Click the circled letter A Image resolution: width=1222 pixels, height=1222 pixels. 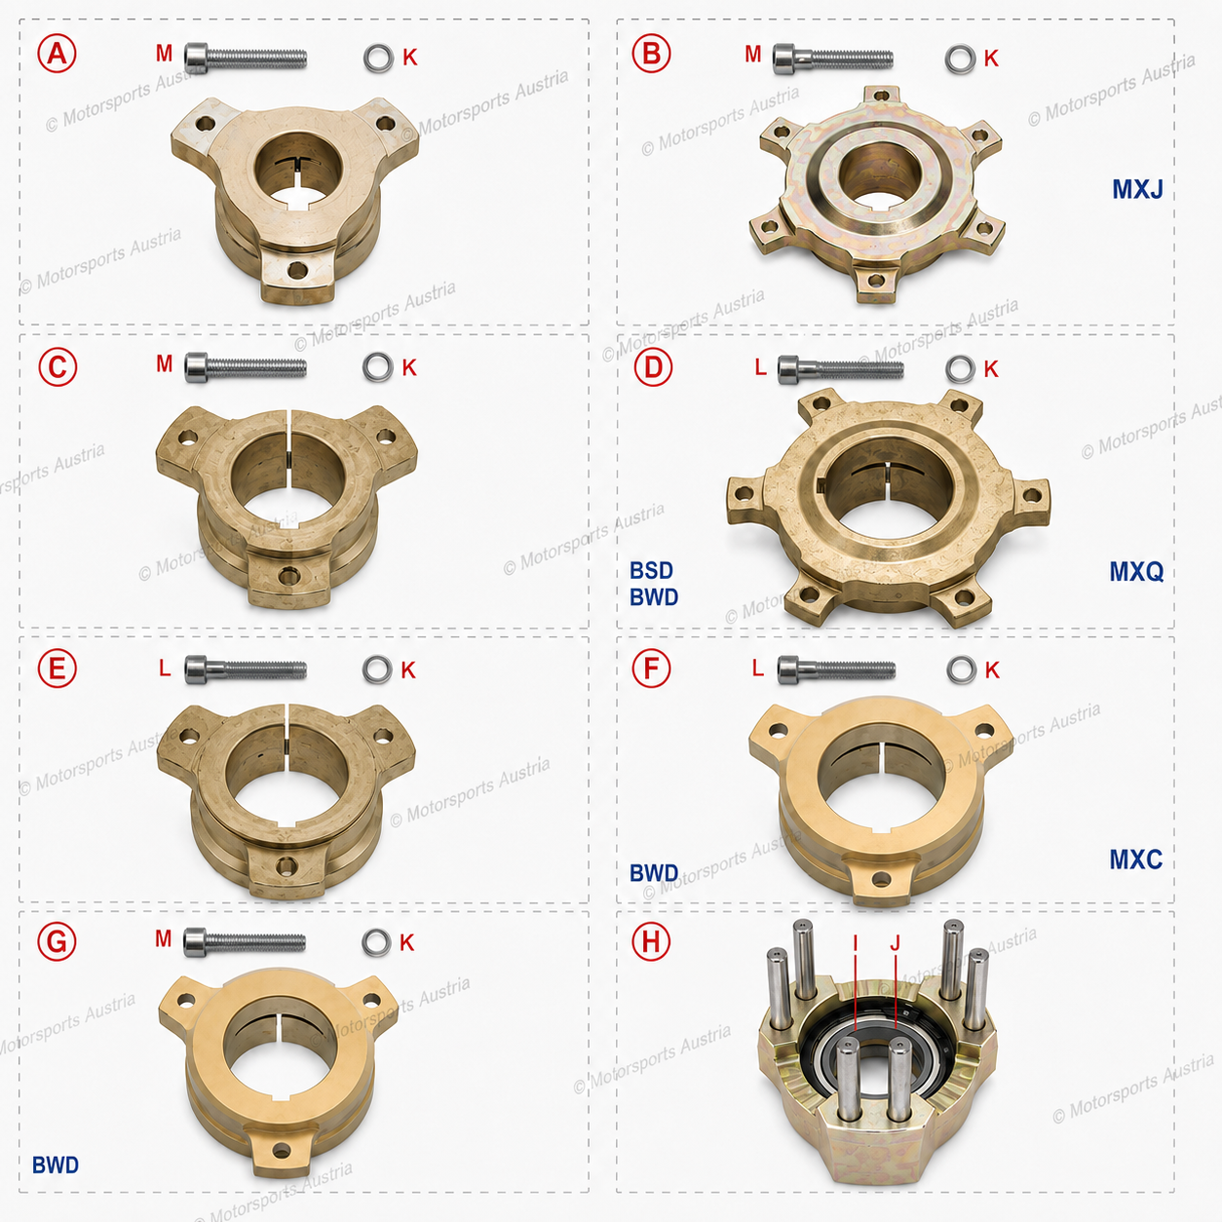coord(57,54)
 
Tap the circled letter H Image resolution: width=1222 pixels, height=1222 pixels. coord(651,941)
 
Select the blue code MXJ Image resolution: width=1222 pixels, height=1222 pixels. coord(1137,189)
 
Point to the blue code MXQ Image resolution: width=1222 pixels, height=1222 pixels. coord(1137,571)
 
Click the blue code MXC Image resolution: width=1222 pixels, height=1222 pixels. coord(1136,859)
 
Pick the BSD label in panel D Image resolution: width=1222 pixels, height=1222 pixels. coord(651,570)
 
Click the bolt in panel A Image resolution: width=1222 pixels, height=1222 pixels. coord(246,57)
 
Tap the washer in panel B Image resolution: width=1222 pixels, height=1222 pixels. coord(960,59)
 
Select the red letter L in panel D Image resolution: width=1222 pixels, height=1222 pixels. coord(761,367)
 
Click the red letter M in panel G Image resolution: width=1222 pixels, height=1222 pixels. coord(164,938)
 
